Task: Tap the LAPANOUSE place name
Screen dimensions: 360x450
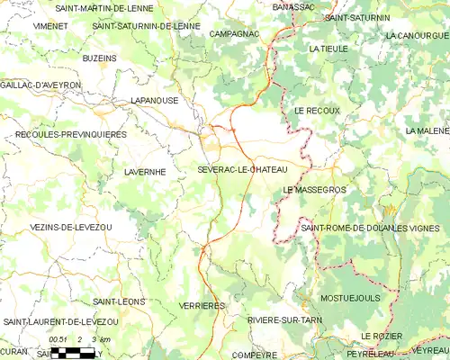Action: point(154,101)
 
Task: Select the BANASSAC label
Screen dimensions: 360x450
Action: point(293,6)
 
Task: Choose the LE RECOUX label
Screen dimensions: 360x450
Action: point(317,110)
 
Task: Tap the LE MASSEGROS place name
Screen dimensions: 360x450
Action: point(314,189)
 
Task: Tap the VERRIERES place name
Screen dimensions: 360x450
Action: point(202,306)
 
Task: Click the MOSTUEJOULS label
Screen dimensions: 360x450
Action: point(350,297)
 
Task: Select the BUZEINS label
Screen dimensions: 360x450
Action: point(98,58)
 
